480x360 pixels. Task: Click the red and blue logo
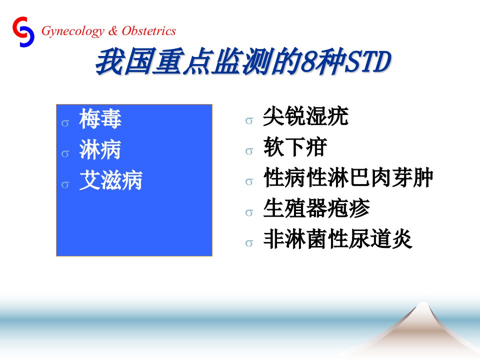click(23, 32)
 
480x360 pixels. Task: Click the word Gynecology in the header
click(73, 31)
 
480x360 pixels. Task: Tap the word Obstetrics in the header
click(149, 31)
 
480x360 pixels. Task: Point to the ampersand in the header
click(113, 31)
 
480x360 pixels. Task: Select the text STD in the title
click(367, 61)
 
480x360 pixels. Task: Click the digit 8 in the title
click(308, 62)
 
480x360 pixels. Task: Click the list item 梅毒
click(100, 118)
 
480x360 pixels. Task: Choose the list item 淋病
click(100, 149)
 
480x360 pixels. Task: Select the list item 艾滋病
click(111, 180)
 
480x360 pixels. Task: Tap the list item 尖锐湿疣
click(305, 116)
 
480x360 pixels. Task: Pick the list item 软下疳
click(295, 147)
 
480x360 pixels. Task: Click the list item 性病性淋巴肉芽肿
click(348, 177)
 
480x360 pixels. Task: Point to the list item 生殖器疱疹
click(316, 208)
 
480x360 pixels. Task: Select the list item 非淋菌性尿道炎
click(337, 239)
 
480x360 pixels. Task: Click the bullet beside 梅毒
click(65, 123)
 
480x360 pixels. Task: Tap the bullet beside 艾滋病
click(65, 185)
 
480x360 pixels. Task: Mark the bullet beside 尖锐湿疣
click(249, 121)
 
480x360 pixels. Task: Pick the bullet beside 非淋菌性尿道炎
click(249, 243)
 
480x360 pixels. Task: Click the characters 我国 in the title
click(123, 62)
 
